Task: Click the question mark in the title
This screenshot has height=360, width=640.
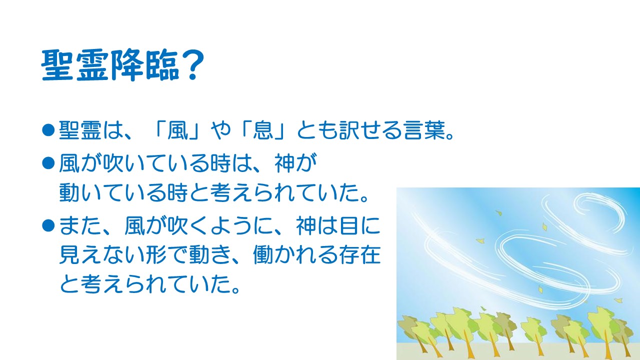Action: tap(192, 65)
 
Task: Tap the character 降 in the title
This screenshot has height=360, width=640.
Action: tap(127, 65)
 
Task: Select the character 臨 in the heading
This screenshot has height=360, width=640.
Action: tap(162, 65)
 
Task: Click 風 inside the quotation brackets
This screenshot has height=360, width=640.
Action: tap(177, 130)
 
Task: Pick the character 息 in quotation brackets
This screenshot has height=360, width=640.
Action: tap(263, 130)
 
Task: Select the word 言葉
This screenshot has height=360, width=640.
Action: tap(424, 130)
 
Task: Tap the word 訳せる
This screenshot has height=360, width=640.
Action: tap(370, 130)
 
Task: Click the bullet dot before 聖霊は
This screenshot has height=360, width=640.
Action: tap(48, 130)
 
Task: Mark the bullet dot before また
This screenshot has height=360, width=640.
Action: tap(48, 225)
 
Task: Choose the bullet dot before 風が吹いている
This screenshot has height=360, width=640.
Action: tap(48, 163)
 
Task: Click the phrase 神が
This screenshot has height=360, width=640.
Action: tap(295, 163)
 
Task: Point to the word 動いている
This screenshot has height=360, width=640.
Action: tap(113, 192)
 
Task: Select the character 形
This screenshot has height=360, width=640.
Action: tap(156, 255)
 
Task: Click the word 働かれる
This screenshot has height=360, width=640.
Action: tap(295, 255)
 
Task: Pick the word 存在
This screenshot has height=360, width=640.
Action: tap(360, 255)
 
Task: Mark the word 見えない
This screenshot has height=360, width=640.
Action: tap(102, 255)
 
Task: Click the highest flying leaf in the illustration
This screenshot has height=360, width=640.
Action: tap(499, 213)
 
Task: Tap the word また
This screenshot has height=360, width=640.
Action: tap(80, 225)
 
